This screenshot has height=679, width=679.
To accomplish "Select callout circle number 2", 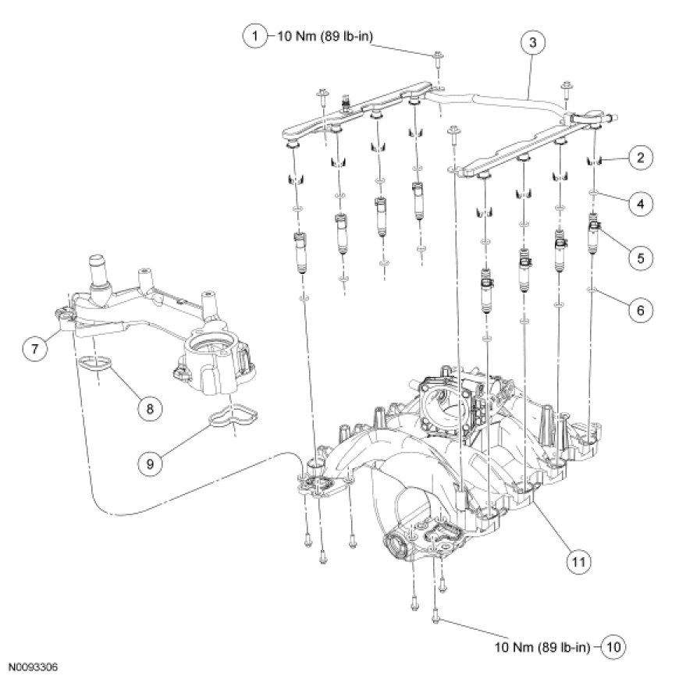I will [640, 158].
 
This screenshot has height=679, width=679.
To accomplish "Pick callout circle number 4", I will [640, 204].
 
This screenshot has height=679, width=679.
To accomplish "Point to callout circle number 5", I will [640, 255].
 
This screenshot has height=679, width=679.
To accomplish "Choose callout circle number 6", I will [640, 310].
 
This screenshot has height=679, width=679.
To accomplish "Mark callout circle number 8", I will [146, 406].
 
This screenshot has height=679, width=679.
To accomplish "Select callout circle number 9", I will [151, 461].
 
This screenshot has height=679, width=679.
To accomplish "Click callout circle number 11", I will [576, 560].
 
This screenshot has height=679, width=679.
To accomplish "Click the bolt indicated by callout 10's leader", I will [435, 620].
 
